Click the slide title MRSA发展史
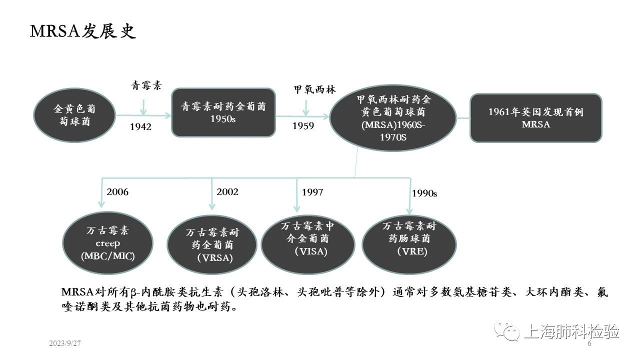(x=83, y=32)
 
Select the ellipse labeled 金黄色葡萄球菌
(x=74, y=115)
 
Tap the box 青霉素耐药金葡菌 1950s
(x=223, y=112)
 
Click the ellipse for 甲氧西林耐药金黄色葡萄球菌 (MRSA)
(x=393, y=118)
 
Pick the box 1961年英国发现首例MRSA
(x=535, y=118)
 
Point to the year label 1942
(x=140, y=127)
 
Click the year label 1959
(x=303, y=126)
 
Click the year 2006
(x=117, y=191)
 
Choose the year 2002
(x=227, y=191)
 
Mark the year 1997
(x=312, y=192)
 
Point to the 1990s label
(x=424, y=193)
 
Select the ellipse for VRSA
(x=212, y=245)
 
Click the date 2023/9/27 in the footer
(x=65, y=344)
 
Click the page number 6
(x=589, y=344)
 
